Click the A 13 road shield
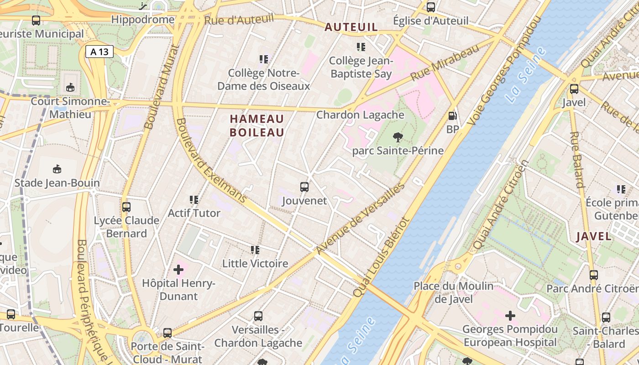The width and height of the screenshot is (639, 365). (100, 52)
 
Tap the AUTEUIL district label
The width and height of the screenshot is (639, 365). (351, 27)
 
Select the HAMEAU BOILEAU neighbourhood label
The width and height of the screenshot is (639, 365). (257, 125)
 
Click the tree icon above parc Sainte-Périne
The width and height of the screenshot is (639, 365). (398, 137)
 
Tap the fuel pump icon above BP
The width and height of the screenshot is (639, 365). (452, 116)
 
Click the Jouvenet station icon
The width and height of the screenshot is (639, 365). (304, 187)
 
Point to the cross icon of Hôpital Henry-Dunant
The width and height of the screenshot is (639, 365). (178, 270)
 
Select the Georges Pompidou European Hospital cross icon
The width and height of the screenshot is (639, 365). (510, 315)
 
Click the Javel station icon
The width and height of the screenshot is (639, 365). (574, 89)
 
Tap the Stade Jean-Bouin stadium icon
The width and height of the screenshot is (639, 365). (57, 169)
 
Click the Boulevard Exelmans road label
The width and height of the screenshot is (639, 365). (211, 161)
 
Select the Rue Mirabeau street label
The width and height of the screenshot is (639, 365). (445, 63)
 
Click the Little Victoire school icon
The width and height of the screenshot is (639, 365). (255, 250)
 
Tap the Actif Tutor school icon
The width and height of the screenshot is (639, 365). (194, 200)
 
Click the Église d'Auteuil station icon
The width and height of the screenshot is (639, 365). (430, 7)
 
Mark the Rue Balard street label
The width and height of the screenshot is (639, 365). (577, 160)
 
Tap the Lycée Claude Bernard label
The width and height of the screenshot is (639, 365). (126, 227)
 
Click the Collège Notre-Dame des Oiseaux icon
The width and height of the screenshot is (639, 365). (263, 59)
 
